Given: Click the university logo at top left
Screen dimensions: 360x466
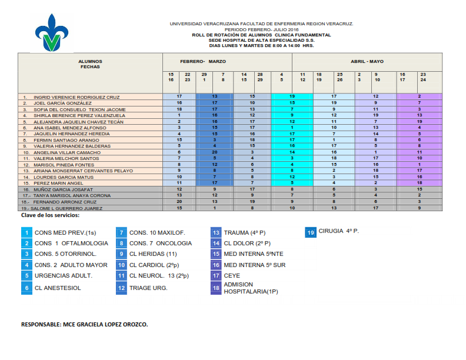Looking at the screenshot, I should pos(54,33).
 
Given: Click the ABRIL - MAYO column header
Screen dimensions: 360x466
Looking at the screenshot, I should pos(367,62).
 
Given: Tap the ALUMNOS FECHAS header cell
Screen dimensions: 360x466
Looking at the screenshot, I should pos(90,64).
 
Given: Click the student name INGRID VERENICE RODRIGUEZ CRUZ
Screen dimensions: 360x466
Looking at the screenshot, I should pos(76,97).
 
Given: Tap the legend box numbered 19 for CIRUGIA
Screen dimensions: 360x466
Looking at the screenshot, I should pos(311,232).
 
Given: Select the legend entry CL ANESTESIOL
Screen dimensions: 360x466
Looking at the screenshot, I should pos(58,288).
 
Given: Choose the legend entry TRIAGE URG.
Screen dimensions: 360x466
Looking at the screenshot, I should pos(148,288).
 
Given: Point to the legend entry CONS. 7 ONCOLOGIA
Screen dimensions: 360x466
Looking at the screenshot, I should pos(160,243).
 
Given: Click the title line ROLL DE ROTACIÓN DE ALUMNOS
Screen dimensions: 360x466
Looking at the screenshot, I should pos(261,35).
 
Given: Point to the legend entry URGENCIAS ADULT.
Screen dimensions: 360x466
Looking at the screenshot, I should pos(64,275).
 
